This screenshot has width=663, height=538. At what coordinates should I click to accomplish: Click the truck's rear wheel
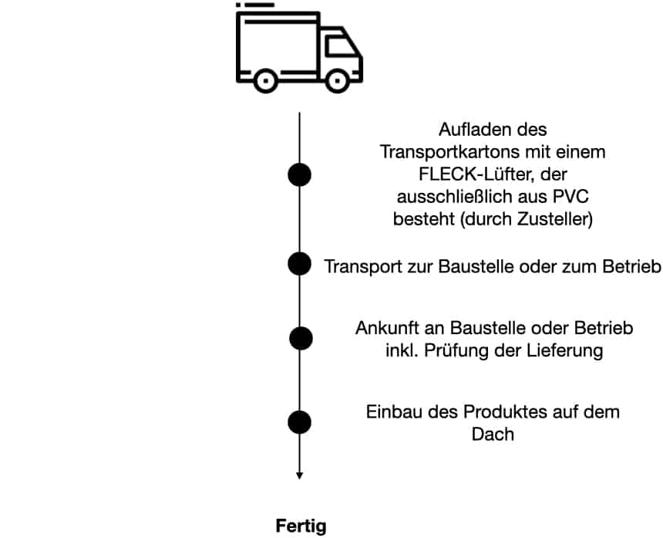tap(266, 79)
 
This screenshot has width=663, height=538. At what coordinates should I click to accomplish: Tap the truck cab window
tap(340, 48)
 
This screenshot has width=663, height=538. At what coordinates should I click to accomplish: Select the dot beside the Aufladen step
tap(299, 175)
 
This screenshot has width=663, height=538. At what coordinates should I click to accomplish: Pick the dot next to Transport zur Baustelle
tap(299, 264)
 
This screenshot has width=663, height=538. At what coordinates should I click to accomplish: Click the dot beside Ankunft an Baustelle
tap(301, 338)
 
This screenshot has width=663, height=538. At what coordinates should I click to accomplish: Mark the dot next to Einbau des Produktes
tap(299, 422)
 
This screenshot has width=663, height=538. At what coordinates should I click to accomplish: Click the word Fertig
tap(301, 527)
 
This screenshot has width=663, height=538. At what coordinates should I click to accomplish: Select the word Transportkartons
tap(438, 152)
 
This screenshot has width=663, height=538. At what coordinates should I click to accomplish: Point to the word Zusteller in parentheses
tap(553, 218)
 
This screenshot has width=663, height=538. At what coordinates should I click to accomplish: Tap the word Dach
tap(493, 434)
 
